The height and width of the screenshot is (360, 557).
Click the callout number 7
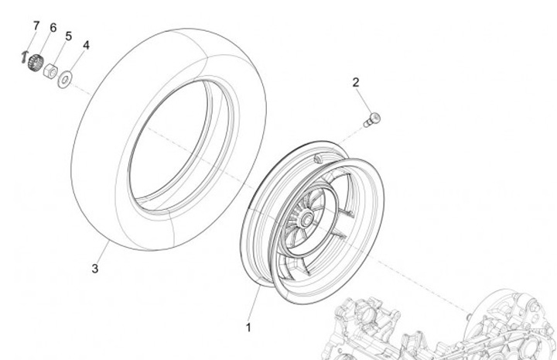point(36,26)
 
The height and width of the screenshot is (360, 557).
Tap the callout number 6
point(53,28)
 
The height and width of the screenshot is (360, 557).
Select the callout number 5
point(68,36)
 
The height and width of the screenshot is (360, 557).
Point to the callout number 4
point(86,46)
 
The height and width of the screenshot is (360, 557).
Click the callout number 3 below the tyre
point(95,269)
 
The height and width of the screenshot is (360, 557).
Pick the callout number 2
point(356,82)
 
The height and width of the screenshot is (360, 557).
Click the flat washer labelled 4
point(67,77)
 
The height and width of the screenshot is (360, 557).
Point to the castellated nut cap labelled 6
point(33,65)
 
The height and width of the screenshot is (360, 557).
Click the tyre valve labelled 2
point(374,118)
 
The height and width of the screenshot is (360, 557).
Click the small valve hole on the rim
point(318,158)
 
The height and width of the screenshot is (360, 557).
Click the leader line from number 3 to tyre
point(102,251)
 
